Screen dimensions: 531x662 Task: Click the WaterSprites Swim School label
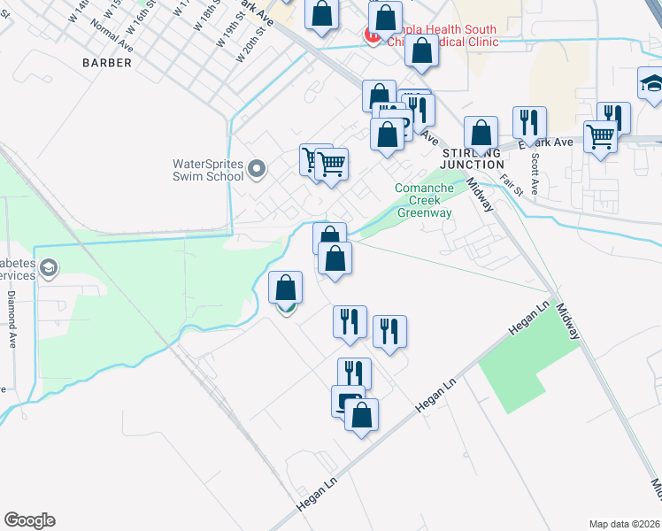click(207, 169)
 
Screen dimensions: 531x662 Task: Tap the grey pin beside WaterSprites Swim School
click(258, 168)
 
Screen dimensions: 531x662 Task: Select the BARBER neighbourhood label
click(107, 63)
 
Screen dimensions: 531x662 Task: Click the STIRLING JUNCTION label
click(473, 158)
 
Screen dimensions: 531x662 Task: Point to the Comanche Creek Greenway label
click(424, 200)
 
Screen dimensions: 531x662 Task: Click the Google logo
click(29, 520)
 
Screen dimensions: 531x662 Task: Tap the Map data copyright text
click(623, 523)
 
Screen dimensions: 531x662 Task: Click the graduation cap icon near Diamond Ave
click(49, 267)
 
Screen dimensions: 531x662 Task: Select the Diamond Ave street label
click(12, 318)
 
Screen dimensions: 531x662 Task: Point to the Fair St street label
click(512, 183)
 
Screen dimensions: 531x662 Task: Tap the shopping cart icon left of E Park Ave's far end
click(601, 137)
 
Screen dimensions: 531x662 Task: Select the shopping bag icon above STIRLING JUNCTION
click(481, 134)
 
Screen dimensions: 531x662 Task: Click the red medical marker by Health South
click(372, 36)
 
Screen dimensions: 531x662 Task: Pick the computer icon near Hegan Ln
click(347, 401)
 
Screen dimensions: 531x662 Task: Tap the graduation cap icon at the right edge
click(652, 85)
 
